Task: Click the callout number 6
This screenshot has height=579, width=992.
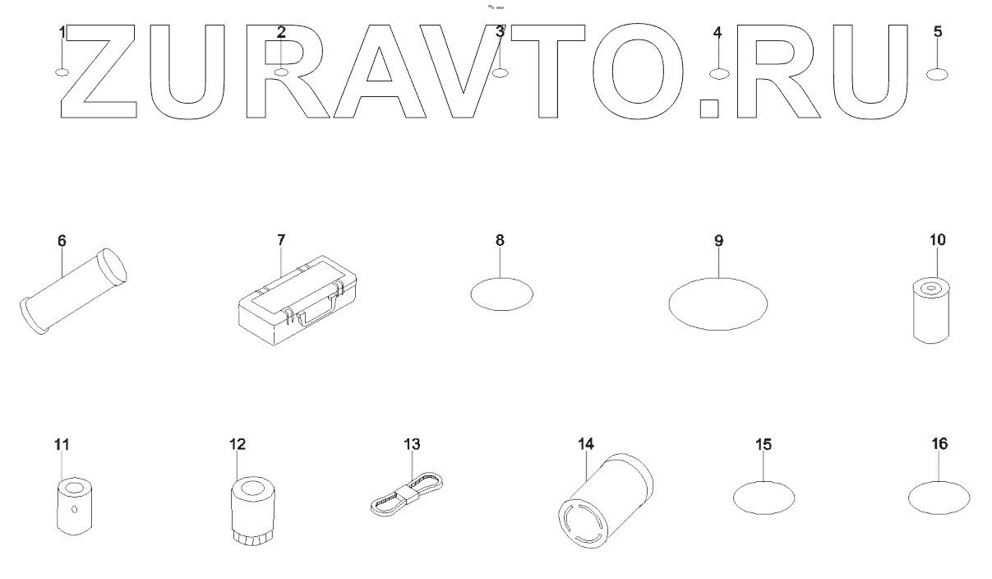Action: click(62, 241)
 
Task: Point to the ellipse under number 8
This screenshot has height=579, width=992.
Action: click(501, 293)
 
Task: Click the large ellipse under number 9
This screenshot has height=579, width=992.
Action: click(719, 303)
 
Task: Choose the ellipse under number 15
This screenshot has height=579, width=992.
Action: click(764, 497)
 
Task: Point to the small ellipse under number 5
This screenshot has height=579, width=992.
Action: click(938, 75)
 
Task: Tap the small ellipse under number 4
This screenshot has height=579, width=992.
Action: click(718, 73)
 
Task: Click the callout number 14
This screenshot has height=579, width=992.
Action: click(585, 444)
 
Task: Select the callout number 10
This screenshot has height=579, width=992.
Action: click(937, 240)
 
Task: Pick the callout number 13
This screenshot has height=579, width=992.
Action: click(412, 444)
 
